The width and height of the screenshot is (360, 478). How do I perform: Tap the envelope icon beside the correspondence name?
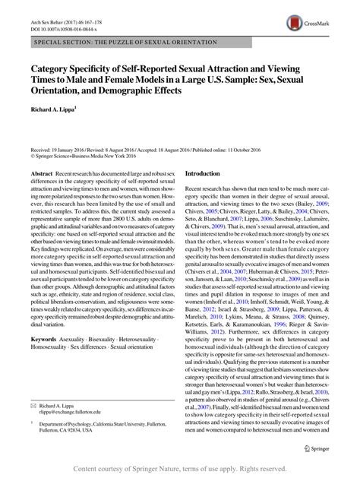click(x=33, y=403)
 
